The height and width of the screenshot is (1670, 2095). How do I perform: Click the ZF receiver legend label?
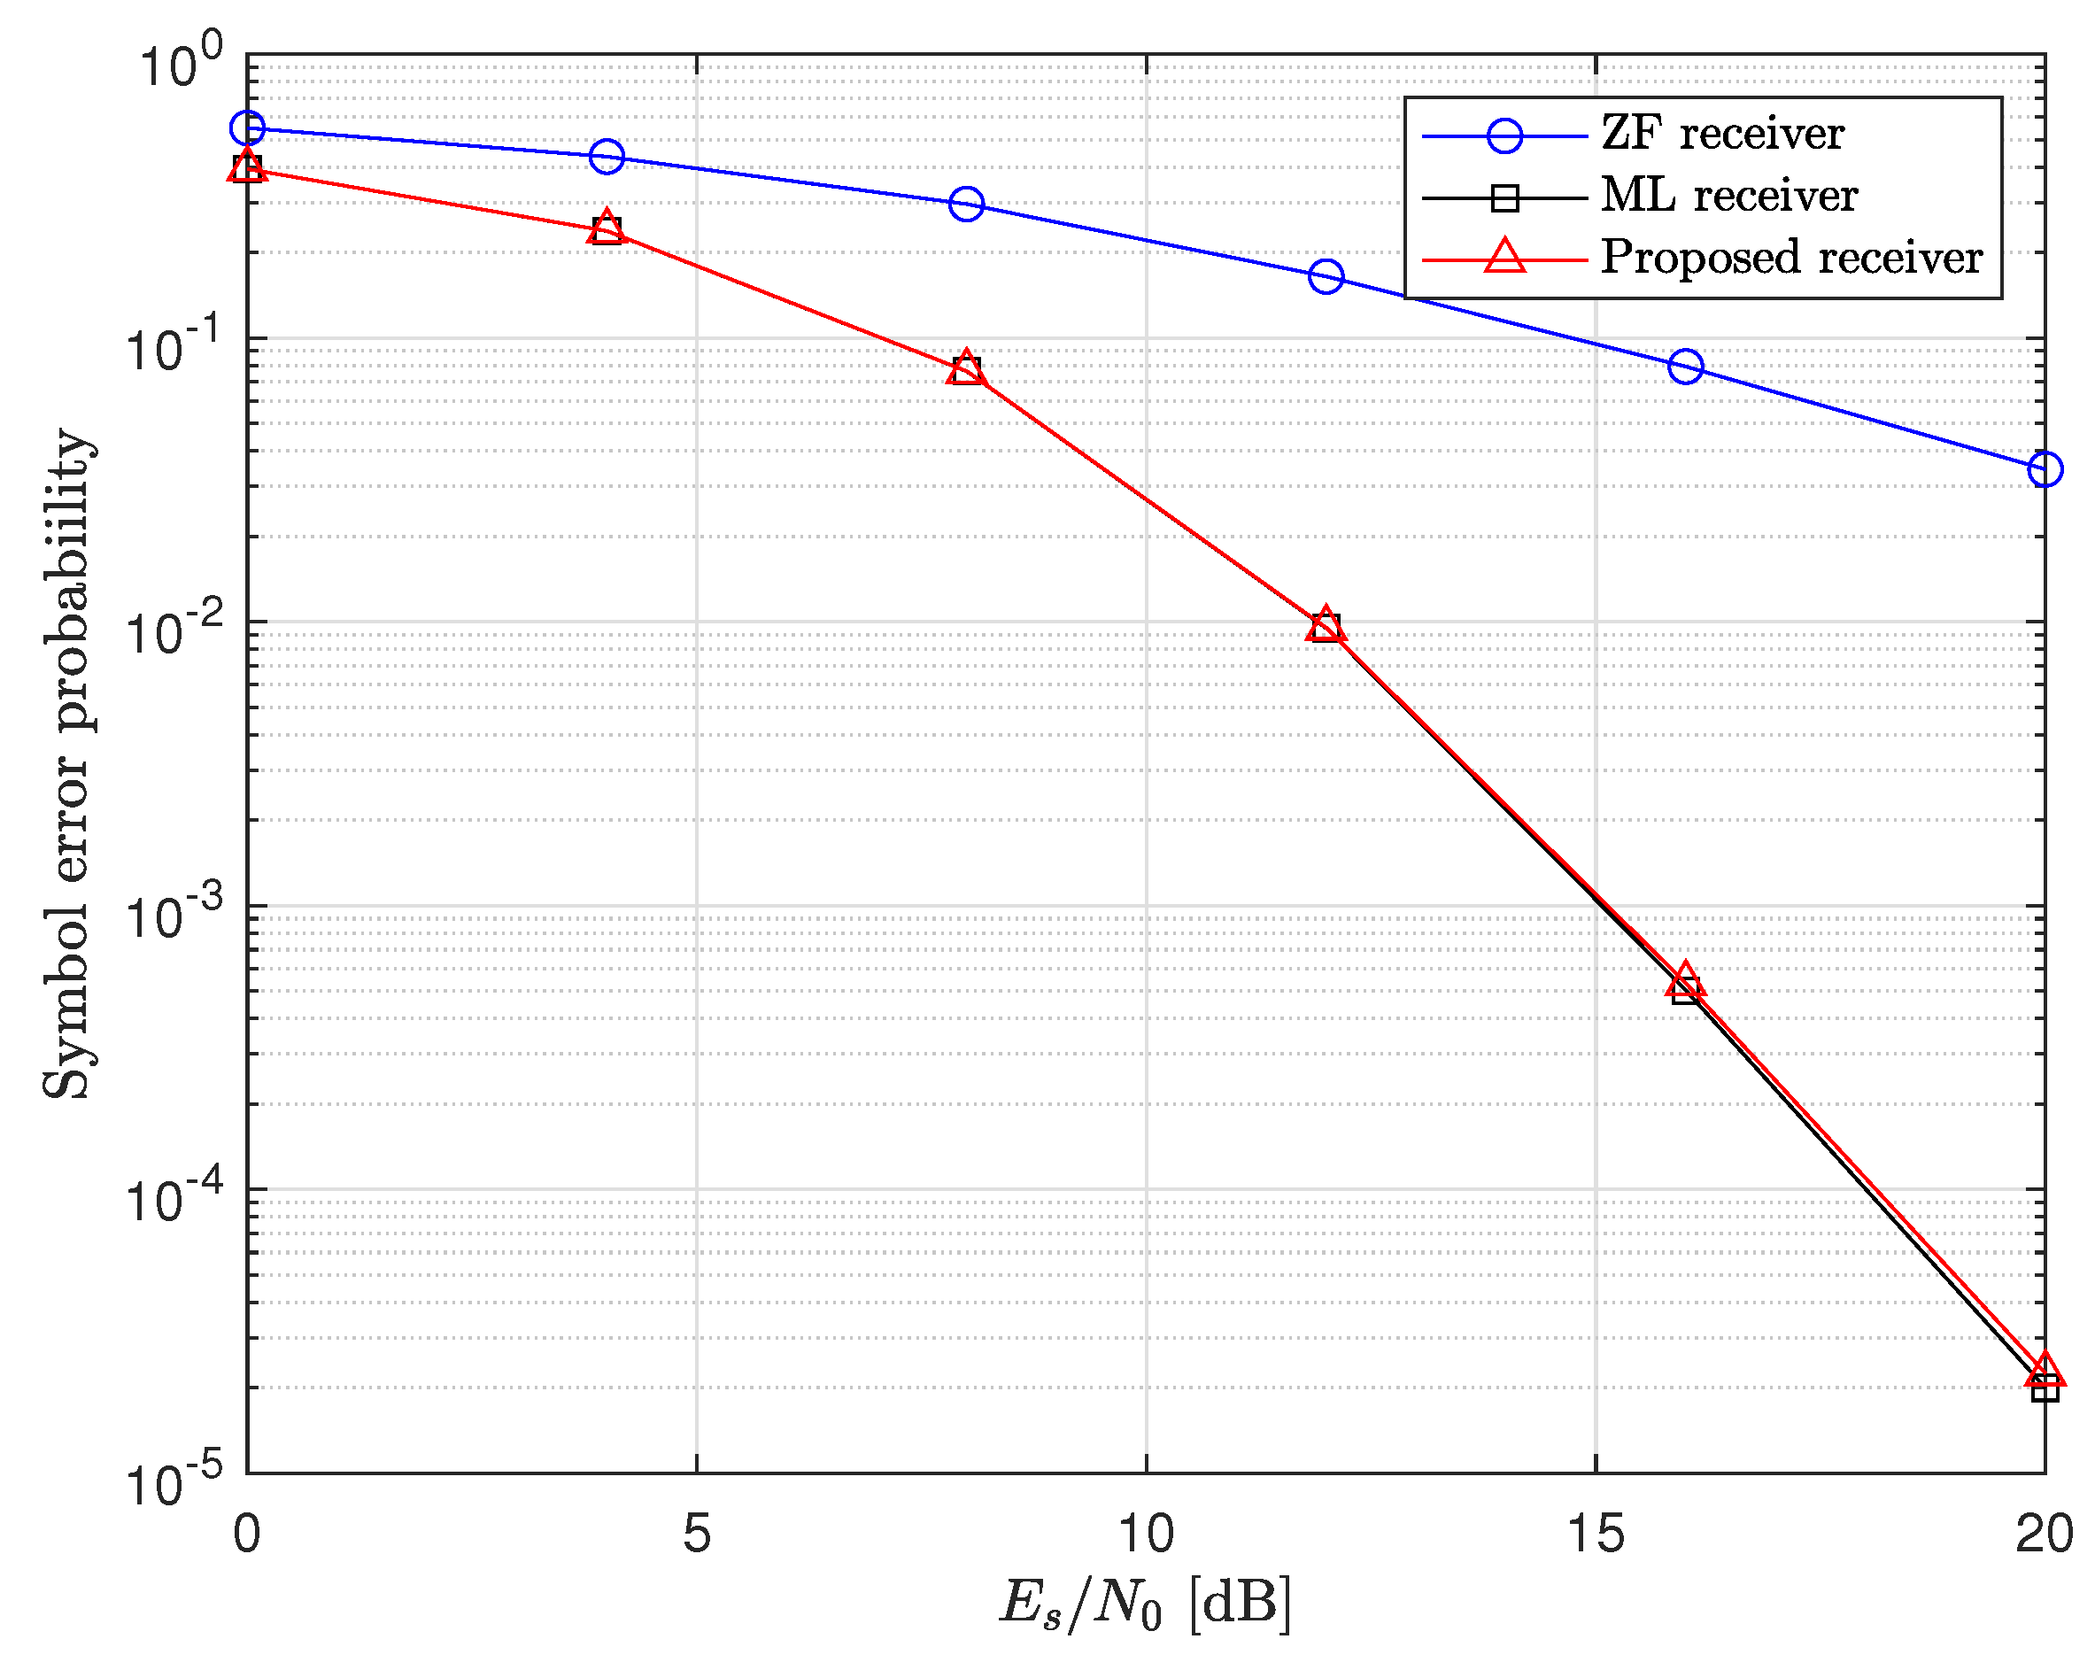[1722, 134]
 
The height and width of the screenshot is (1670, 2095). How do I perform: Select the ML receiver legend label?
[1728, 197]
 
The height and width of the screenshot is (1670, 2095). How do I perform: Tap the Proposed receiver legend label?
[1791, 259]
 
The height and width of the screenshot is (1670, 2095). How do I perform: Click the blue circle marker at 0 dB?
[247, 128]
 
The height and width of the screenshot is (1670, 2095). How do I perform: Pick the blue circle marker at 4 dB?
[607, 157]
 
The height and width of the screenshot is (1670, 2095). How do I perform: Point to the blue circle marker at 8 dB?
[966, 204]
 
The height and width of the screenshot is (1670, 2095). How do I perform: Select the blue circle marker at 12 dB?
[1326, 277]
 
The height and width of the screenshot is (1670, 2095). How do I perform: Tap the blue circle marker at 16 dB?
[1686, 367]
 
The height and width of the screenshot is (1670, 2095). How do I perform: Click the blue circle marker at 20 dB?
[2045, 469]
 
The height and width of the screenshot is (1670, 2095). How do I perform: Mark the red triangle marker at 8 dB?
[966, 368]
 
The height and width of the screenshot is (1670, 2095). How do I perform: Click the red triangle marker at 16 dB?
[1686, 982]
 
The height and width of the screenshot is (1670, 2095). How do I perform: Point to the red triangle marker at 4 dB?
[607, 228]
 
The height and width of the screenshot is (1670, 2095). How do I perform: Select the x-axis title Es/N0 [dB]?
[1146, 1604]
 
